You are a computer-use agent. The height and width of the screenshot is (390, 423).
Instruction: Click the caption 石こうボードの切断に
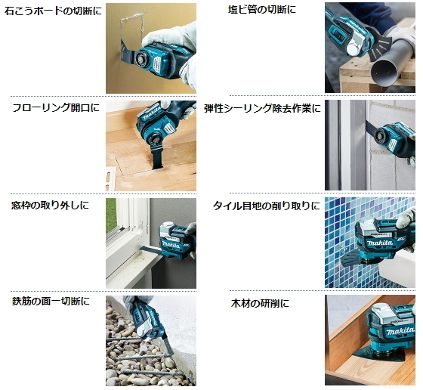(51, 11)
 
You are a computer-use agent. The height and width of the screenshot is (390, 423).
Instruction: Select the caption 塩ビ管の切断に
(262, 10)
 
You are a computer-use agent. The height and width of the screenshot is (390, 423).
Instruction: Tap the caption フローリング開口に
(55, 108)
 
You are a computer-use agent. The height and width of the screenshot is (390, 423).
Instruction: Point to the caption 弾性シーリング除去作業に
(262, 108)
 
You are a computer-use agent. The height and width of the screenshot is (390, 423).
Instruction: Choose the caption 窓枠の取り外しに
(50, 205)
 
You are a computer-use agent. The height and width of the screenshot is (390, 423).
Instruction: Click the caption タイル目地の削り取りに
(266, 206)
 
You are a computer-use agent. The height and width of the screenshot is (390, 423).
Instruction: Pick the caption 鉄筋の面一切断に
(51, 302)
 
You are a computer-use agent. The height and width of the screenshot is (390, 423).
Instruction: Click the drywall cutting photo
(151, 48)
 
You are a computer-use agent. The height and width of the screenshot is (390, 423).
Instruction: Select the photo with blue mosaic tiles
(369, 242)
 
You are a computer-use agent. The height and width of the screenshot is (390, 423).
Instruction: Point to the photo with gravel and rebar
(151, 340)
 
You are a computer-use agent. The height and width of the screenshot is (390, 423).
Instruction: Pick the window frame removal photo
(151, 242)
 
